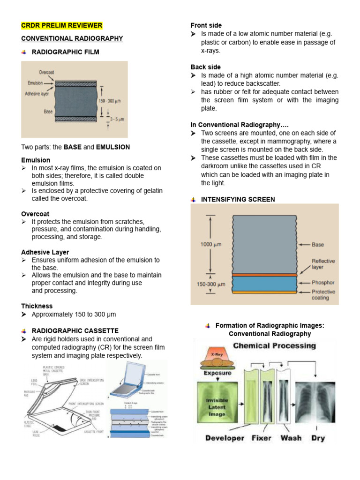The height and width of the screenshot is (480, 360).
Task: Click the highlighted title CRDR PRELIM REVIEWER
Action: (61, 25)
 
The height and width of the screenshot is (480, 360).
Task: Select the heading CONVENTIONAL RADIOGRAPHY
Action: (72, 38)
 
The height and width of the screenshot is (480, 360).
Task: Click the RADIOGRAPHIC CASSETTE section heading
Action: (75, 330)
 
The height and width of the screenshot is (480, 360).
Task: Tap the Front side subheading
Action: (206, 25)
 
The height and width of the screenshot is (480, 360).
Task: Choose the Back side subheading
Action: (206, 67)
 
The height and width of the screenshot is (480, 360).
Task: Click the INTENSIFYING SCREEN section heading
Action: (238, 199)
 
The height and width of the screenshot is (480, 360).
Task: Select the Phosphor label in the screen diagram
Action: (323, 283)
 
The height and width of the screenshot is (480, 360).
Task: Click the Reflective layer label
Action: (322, 264)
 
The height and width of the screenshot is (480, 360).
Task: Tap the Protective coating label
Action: (324, 294)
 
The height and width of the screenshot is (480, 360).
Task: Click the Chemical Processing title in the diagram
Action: (274, 346)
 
